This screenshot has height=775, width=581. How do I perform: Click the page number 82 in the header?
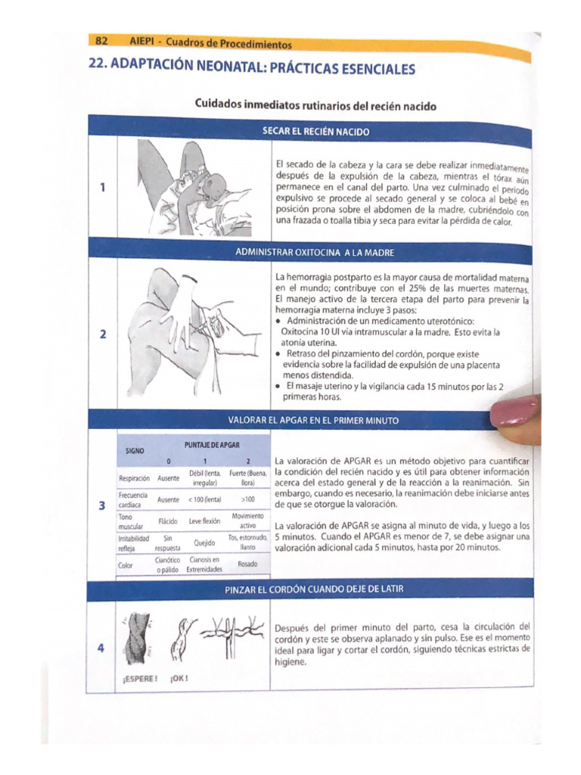101,40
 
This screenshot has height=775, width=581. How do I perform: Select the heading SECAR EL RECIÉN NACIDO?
315,132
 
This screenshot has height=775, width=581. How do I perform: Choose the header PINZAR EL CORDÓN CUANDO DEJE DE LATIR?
316,590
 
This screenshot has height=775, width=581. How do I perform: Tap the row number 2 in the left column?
102,335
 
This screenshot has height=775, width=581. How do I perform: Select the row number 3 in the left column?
102,506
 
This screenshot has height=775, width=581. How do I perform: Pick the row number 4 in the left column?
102,648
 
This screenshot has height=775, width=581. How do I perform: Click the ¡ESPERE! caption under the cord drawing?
140,678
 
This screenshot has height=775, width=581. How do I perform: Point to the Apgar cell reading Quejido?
204,543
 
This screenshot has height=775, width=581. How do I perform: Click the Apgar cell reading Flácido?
168,521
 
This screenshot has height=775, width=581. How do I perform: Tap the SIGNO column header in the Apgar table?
135,452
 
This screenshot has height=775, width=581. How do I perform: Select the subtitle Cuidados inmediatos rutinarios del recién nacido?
315,105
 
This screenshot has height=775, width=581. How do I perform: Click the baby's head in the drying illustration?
216,185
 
